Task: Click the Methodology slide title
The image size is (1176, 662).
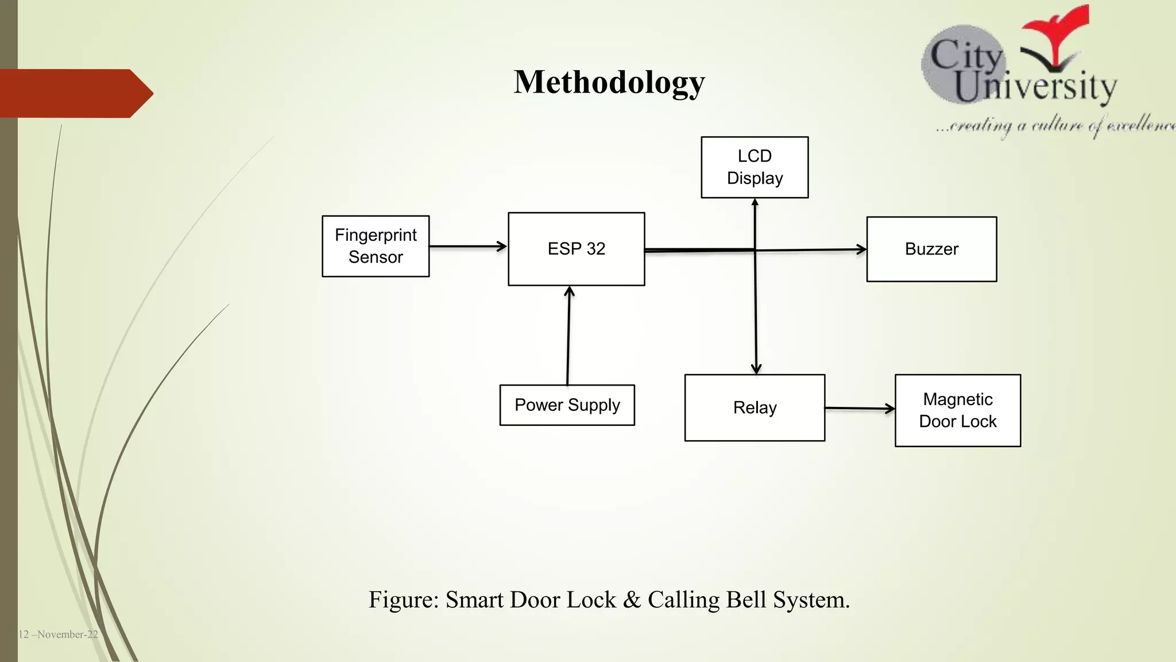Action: tap(609, 82)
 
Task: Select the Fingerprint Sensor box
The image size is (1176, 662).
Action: tap(376, 246)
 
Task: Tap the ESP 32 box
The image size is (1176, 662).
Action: tap(576, 249)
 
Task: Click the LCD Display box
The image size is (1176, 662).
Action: tap(755, 167)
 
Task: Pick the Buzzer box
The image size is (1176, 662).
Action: tap(931, 249)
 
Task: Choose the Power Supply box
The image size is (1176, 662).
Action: tap(567, 405)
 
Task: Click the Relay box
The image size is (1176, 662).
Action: tap(755, 407)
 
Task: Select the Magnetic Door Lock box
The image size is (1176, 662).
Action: tap(957, 410)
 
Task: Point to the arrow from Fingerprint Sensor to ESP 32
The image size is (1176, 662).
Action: tap(467, 247)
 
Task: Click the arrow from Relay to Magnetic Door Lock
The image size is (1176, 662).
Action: tap(859, 409)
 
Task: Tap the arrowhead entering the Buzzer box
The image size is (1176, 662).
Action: tap(861, 249)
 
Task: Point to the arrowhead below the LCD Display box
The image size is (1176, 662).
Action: tap(755, 203)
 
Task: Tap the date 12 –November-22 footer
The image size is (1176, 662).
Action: tap(58, 634)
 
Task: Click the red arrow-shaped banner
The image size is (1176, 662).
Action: tap(75, 94)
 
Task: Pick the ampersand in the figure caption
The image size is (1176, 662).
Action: tap(632, 600)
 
